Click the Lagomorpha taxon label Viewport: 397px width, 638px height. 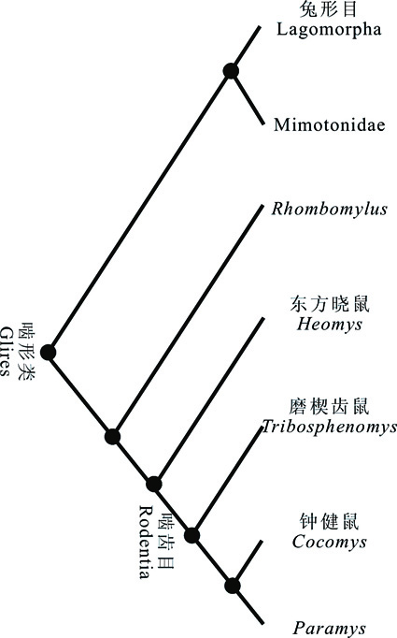tap(329, 30)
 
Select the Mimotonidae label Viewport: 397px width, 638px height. tap(329, 124)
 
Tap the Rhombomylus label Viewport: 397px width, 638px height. tap(329, 210)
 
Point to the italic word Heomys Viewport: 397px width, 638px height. tap(329, 325)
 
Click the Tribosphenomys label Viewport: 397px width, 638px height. tap(329, 427)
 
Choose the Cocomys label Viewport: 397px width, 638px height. tap(329, 542)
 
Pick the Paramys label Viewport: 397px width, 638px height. tap(329, 629)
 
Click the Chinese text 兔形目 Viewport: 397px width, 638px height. tap(328, 9)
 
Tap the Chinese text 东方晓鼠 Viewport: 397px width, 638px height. tap(330, 305)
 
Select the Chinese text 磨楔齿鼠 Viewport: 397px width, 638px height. tap(330, 407)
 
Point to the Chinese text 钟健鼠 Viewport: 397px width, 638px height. tap(330, 522)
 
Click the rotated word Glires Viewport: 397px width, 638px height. tap(6, 351)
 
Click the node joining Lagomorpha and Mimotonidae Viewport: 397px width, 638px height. tap(231, 71)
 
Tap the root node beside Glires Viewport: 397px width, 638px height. tap(48, 353)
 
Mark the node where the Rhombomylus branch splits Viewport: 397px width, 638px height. tap(112, 437)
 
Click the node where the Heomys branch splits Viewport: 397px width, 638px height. tap(154, 485)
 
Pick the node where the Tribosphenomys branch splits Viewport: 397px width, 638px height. tap(191, 535)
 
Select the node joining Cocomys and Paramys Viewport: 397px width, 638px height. tap(233, 586)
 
